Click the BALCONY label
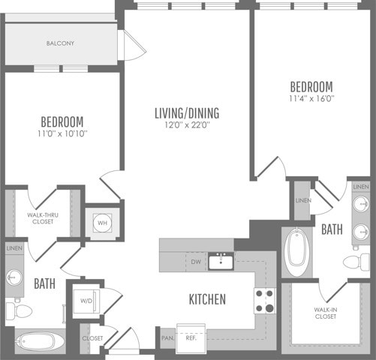tap(60, 43)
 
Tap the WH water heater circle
tap(102, 223)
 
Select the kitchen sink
tap(221, 261)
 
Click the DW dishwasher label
tap(196, 262)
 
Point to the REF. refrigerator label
tap(191, 338)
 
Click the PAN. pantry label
tap(167, 338)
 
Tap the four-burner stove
tap(265, 301)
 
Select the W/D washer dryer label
tap(86, 301)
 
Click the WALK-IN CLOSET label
tap(326, 313)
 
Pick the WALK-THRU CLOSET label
tap(43, 218)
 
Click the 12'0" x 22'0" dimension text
tap(187, 124)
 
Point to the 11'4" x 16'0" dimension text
tap(311, 98)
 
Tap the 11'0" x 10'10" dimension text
tap(62, 133)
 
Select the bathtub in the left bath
tap(36, 341)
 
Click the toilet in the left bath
tap(19, 311)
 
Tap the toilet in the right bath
tap(356, 262)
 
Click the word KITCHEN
tap(207, 299)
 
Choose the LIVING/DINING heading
tap(187, 113)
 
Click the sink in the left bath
tap(14, 277)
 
